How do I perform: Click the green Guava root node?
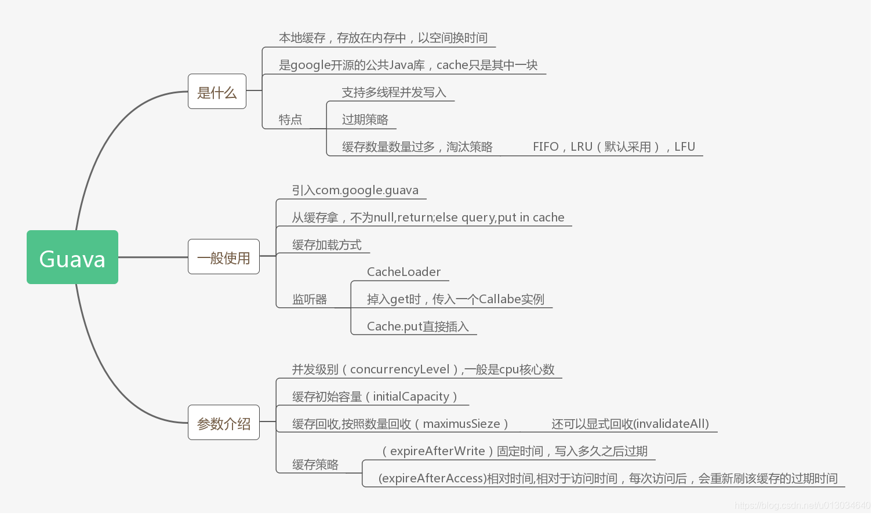point(72,257)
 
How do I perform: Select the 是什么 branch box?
point(217,92)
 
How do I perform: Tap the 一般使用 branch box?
point(224,257)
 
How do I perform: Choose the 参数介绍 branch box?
point(224,423)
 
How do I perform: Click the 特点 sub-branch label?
point(290,119)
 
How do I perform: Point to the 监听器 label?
point(310,299)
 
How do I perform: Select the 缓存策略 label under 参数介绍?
point(315,464)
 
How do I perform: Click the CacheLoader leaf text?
point(404,272)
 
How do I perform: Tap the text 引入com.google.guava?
point(355,190)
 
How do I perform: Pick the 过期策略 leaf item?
point(365,119)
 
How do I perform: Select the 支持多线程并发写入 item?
point(394,92)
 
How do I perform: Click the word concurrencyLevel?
point(400,369)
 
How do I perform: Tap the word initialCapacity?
point(411,397)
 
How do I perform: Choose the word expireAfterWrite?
point(438,451)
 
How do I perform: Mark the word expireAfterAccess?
point(432,478)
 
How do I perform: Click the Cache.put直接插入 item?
point(417,326)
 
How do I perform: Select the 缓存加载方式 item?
point(327,245)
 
